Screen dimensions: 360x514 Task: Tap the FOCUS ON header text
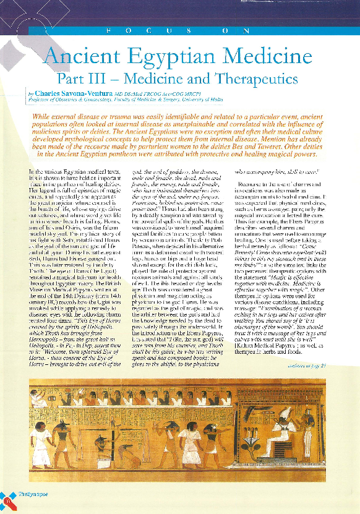pos(179,30)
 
